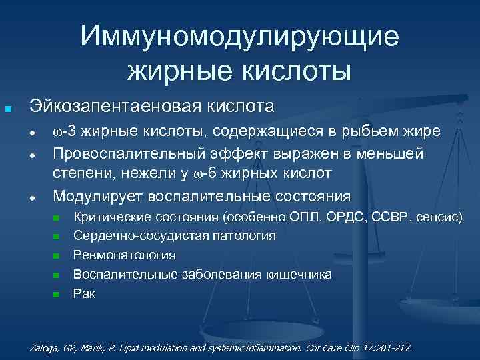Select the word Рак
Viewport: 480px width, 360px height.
[84, 293]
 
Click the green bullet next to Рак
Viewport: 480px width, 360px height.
[57, 294]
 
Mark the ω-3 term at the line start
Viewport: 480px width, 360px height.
[65, 131]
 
